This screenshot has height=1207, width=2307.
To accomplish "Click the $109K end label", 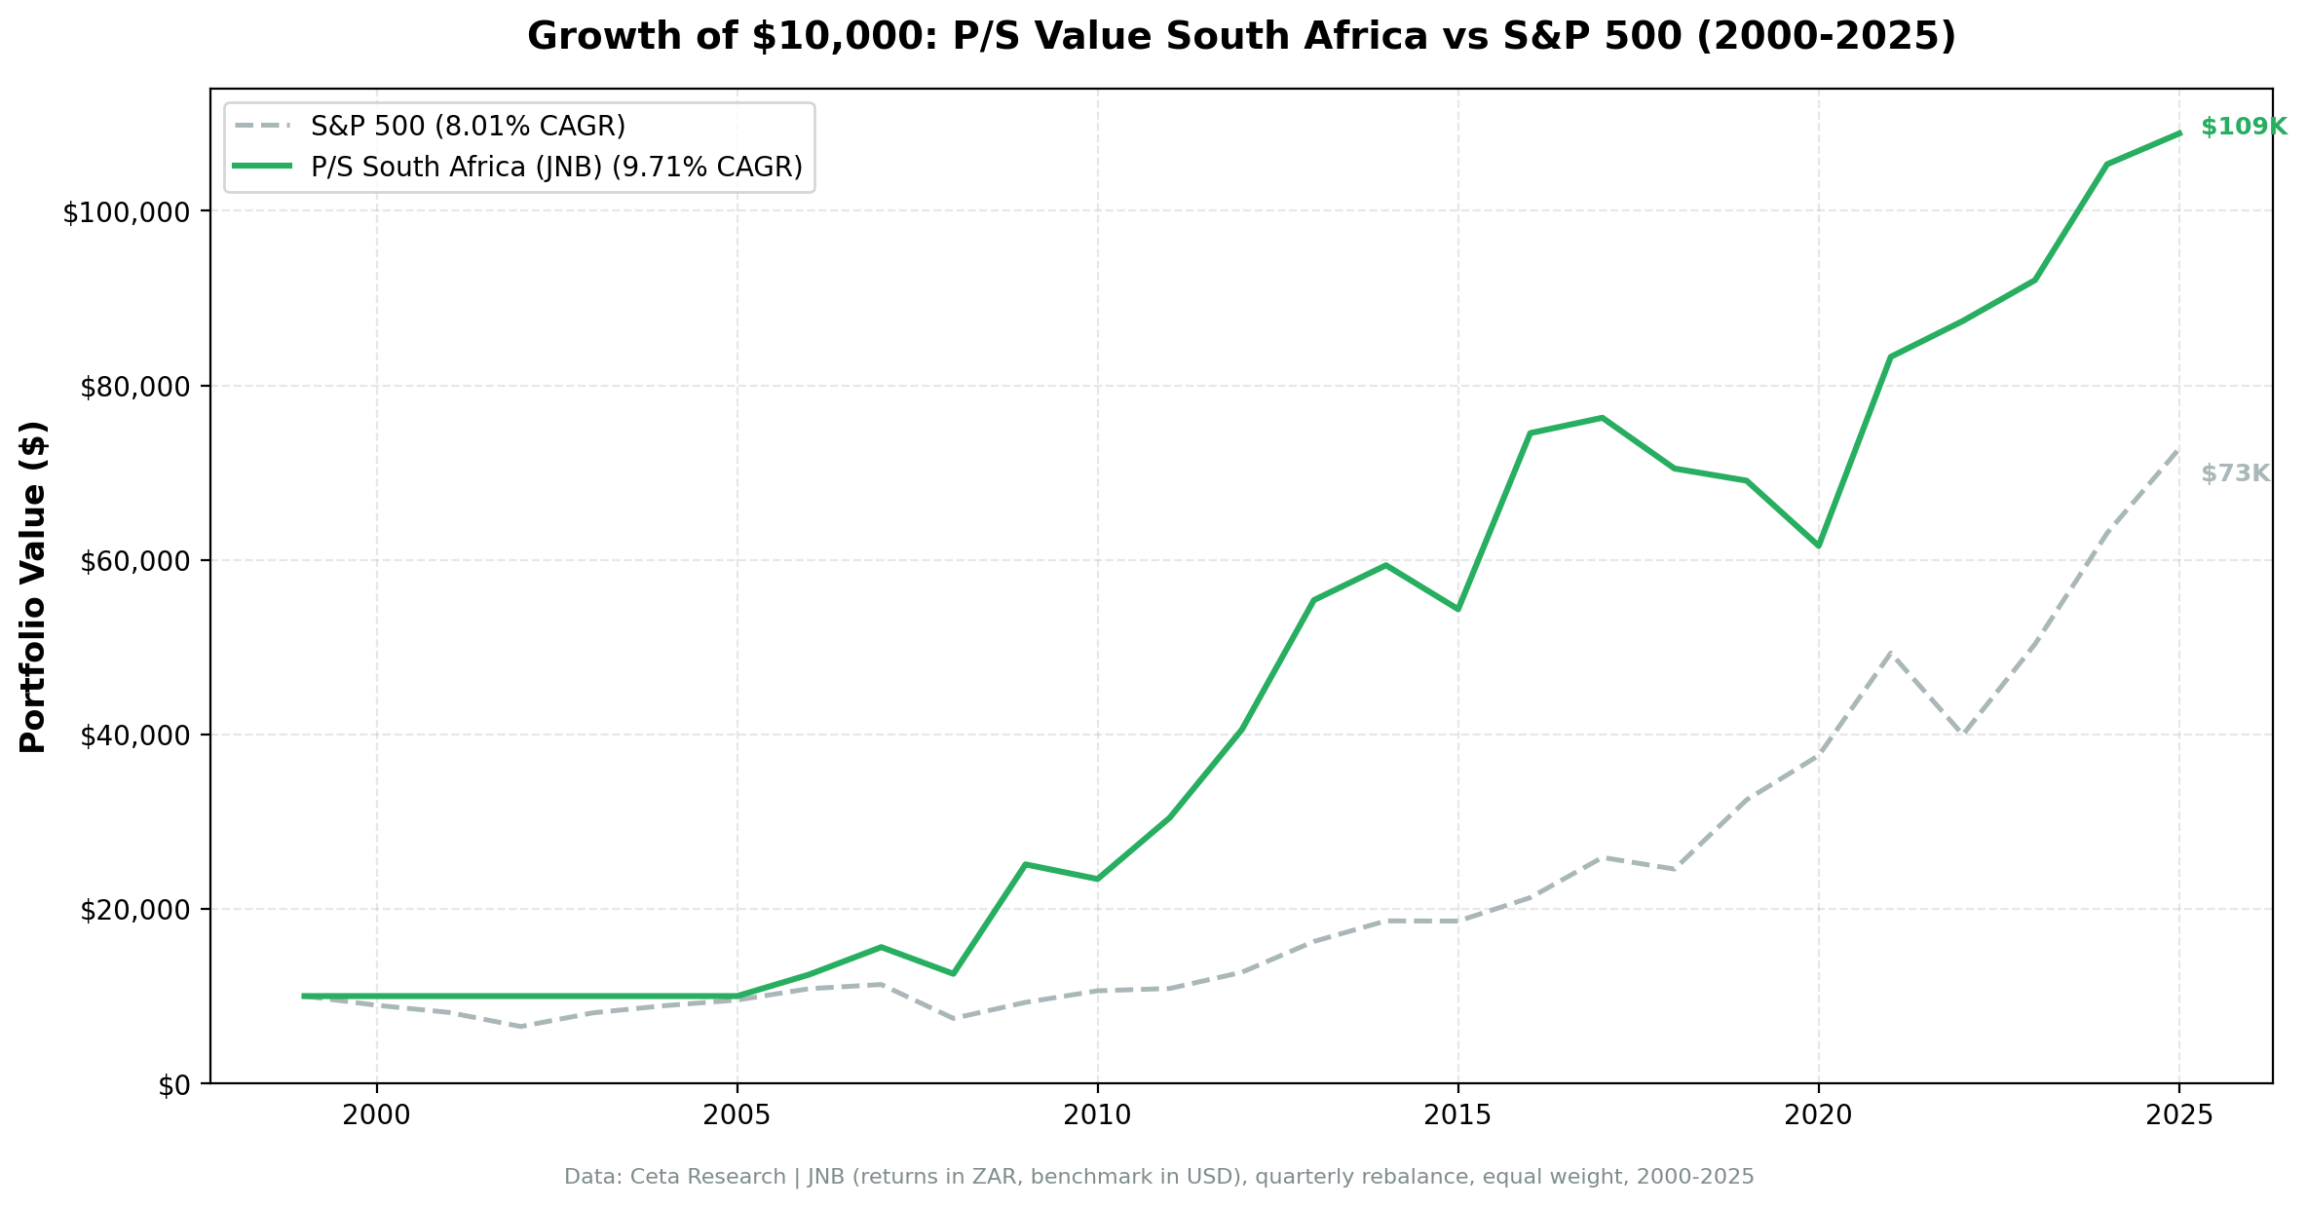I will [2243, 128].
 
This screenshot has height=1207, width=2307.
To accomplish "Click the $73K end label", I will [2235, 474].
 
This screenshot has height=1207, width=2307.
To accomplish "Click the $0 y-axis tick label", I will [176, 1085].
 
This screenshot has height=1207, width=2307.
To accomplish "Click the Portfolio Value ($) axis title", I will [34, 586].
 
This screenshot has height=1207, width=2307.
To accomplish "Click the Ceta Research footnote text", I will [1158, 1178].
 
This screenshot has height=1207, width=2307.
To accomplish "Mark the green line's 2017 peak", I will [1602, 418].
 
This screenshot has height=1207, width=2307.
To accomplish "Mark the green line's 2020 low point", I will [1818, 546].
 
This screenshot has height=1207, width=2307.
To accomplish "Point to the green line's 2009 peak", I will [1025, 864].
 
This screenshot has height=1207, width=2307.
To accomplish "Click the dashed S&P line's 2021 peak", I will [1890, 652].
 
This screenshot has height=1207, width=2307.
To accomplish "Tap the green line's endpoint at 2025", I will [2178, 133].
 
